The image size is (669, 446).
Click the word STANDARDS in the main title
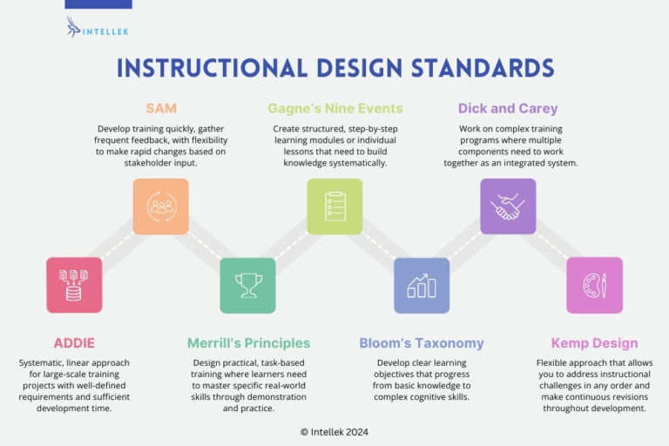466,69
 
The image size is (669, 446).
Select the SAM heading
160,109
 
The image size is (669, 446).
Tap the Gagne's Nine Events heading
334,109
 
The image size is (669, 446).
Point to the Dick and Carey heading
508,109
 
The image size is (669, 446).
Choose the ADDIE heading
73,343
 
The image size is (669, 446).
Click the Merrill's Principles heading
248,343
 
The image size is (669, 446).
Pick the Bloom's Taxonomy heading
422,343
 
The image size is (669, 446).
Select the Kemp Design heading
595,343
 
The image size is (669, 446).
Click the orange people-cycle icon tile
160,206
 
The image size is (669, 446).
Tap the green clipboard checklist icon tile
334,206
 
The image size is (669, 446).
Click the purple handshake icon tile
508,206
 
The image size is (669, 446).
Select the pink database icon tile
74,285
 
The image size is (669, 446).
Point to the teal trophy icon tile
247,285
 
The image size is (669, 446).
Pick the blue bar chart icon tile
422,285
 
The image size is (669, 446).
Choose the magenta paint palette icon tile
595,285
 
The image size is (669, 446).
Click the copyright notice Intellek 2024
334,431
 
